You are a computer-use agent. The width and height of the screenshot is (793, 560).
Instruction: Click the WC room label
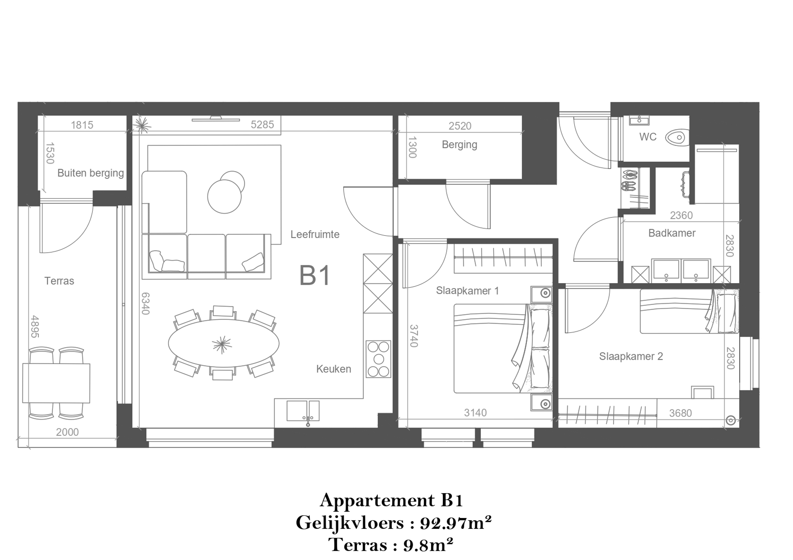coord(647,137)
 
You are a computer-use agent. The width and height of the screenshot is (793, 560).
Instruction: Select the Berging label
coord(459,145)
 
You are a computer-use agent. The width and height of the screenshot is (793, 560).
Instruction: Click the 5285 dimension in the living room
coord(262,124)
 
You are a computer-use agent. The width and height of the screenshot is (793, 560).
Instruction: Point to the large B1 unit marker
coord(315,275)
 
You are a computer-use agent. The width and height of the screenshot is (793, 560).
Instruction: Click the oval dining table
coord(223,343)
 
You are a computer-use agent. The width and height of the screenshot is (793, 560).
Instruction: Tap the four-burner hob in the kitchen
coord(378,359)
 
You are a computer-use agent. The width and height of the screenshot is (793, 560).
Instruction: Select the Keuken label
coord(333,369)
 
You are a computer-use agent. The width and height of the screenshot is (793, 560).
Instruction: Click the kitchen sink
coord(303,411)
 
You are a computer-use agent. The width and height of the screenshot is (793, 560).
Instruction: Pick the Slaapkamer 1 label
coord(467,291)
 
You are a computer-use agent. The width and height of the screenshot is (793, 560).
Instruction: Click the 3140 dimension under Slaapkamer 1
coord(475,413)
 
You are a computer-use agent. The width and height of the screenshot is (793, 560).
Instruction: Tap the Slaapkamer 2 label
coord(631,356)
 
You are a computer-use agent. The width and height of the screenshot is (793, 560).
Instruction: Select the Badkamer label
coord(672,233)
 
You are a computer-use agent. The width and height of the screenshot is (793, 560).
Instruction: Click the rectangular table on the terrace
coord(56,383)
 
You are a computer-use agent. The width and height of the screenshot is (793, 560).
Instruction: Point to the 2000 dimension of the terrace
coord(67,432)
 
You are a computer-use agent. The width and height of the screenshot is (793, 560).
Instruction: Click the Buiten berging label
coord(91,173)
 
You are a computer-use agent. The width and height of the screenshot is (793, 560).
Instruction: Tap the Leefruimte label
coord(315,234)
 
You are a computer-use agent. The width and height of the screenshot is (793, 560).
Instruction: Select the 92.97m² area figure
coord(456,523)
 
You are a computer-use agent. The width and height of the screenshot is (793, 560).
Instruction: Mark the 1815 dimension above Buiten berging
coord(82,125)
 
